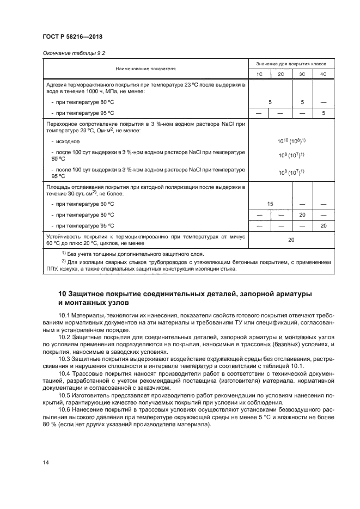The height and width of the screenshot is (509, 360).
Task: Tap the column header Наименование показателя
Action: click(145, 69)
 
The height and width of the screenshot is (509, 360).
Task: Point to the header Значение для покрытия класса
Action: click(291, 64)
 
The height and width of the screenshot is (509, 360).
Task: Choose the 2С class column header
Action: click(280, 73)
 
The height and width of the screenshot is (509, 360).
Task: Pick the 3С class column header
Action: click(302, 73)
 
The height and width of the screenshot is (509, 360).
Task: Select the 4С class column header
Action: click(323, 73)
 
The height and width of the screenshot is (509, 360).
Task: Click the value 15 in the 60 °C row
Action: click(270, 204)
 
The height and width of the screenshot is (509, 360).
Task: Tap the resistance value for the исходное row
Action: click(291, 140)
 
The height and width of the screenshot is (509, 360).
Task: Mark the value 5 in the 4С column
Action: click(323, 113)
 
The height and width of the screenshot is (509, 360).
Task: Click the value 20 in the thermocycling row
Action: click(291, 240)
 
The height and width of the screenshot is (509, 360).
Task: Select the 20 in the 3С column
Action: click(302, 214)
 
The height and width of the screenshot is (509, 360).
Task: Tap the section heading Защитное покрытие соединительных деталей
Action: click(185, 298)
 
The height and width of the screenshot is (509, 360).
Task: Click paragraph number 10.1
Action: click(65, 316)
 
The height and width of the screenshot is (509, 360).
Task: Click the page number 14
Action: click(46, 462)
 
